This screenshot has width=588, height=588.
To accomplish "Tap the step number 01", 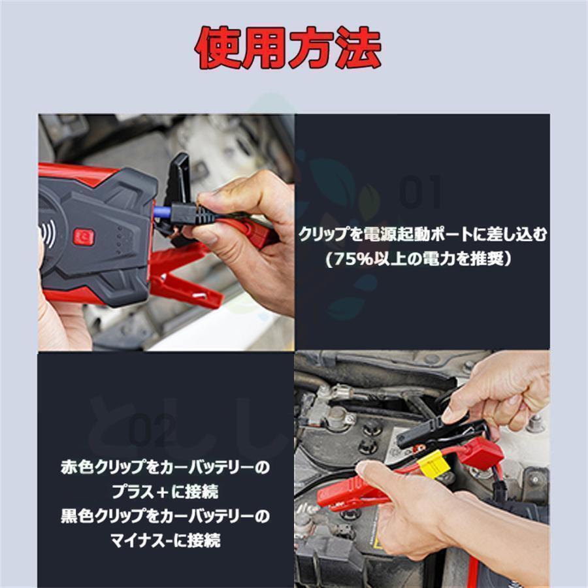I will pos(421,193).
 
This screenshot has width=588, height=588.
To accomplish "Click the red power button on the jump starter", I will pos(84,237).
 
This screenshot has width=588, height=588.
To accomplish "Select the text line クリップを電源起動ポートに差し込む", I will pos(422,235).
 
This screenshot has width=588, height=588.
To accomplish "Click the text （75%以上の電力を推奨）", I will pos(422,259).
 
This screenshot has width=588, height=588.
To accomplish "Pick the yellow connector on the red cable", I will pos(433,464).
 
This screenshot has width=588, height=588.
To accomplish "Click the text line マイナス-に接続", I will pos(164,540).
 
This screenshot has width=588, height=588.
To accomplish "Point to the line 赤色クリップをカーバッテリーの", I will pos(164,468).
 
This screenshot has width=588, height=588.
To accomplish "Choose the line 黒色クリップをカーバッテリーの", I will pos(164,515).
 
